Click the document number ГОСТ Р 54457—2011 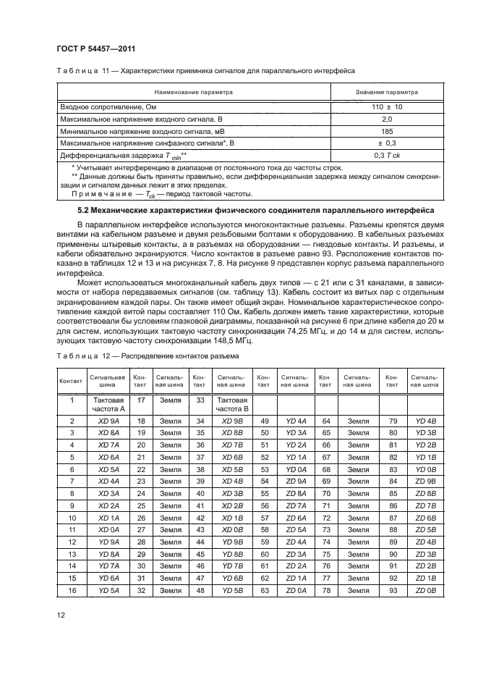(96, 49)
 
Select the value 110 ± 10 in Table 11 (386, 106)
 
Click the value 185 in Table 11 (386, 131)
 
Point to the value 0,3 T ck (386, 156)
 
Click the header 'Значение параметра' (386, 93)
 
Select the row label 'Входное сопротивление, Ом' (108, 106)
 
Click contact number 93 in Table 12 (392, 591)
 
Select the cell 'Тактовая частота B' (232, 404)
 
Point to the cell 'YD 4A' (296, 421)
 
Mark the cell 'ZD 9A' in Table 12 (296, 482)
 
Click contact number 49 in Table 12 (265, 421)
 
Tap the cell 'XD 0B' (232, 530)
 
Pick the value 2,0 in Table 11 (386, 119)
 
